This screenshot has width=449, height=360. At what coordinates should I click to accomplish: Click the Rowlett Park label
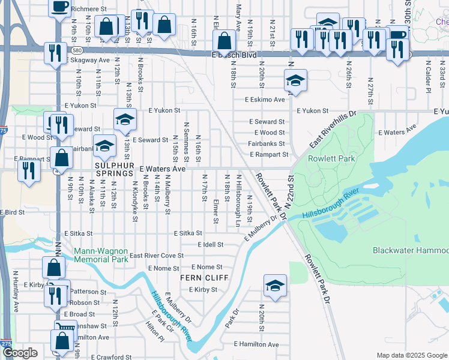click(331, 159)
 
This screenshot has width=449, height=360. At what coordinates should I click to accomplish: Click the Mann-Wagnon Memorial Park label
click(101, 255)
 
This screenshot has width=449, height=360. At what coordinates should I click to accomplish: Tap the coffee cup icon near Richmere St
click(59, 8)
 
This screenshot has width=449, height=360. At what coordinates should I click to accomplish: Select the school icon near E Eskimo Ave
click(295, 81)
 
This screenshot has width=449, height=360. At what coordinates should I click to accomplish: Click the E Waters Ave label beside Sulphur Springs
click(163, 169)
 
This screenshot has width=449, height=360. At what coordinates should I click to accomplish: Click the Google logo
click(20, 353)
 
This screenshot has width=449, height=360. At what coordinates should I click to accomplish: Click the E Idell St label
click(211, 245)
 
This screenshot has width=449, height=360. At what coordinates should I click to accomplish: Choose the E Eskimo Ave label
click(265, 100)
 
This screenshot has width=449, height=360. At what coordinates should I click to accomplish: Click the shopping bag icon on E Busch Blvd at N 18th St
click(224, 42)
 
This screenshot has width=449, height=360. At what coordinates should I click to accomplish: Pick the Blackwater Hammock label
click(411, 250)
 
